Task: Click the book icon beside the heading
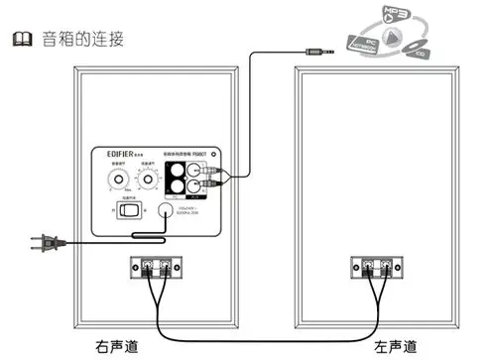click(17, 39)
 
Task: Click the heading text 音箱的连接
click(77, 39)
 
